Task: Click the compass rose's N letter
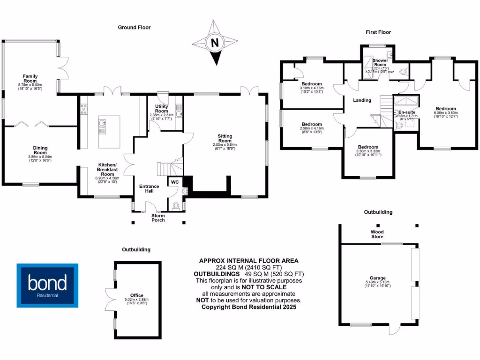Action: (x=215, y=43)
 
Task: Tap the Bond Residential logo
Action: (x=47, y=285)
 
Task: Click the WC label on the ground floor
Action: (x=174, y=181)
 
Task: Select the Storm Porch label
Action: (x=158, y=217)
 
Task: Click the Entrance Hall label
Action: (x=149, y=189)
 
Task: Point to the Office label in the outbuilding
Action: (x=137, y=295)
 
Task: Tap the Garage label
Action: (x=377, y=278)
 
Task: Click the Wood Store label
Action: (x=377, y=234)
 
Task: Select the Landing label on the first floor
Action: (x=362, y=100)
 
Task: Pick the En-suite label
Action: (x=406, y=112)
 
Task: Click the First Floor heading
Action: (x=378, y=32)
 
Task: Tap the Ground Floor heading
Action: (x=134, y=28)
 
